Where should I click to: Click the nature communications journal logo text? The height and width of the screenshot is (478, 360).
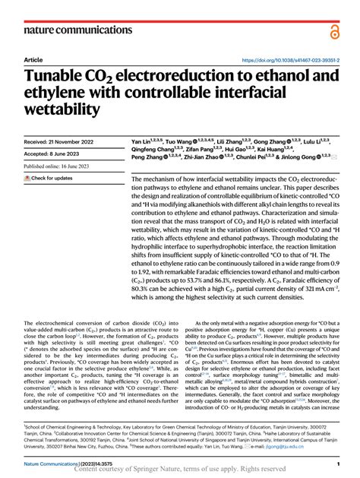coord(70,30)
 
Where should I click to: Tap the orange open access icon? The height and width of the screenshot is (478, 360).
coord(334,30)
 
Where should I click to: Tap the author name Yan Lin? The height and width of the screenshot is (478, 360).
coord(142,142)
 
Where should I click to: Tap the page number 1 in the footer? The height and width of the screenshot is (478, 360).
coord(336,463)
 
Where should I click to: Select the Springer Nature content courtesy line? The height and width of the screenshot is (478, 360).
coord(180,470)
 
